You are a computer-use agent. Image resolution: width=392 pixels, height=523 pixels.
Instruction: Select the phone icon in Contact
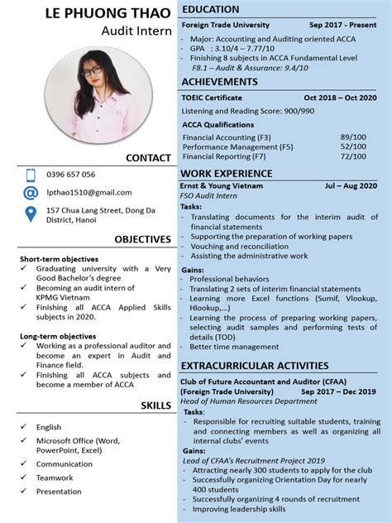(x=31, y=175)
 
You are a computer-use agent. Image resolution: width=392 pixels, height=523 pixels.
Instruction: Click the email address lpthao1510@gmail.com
(x=88, y=192)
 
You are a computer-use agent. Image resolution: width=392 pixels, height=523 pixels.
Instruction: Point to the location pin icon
(x=31, y=214)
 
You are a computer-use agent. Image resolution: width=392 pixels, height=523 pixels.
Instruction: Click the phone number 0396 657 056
(x=71, y=175)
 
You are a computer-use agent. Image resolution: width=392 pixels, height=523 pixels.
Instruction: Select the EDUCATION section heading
(x=211, y=9)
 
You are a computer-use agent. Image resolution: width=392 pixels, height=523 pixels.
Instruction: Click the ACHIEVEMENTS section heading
(x=220, y=82)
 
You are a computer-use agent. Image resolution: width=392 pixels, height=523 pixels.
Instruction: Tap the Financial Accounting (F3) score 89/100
(x=353, y=137)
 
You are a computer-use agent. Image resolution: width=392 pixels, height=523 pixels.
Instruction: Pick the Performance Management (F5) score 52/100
(x=353, y=146)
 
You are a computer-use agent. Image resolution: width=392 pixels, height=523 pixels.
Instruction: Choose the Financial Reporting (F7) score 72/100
(x=353, y=156)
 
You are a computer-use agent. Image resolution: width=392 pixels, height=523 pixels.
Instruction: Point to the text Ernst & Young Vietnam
(x=222, y=186)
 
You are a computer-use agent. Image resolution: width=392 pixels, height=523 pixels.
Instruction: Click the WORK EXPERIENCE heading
(x=227, y=173)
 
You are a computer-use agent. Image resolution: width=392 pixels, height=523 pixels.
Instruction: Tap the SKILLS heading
(x=155, y=405)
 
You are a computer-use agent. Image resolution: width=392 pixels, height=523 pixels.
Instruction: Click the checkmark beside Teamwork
(x=24, y=477)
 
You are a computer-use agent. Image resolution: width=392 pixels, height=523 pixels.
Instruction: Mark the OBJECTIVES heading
(x=142, y=239)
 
